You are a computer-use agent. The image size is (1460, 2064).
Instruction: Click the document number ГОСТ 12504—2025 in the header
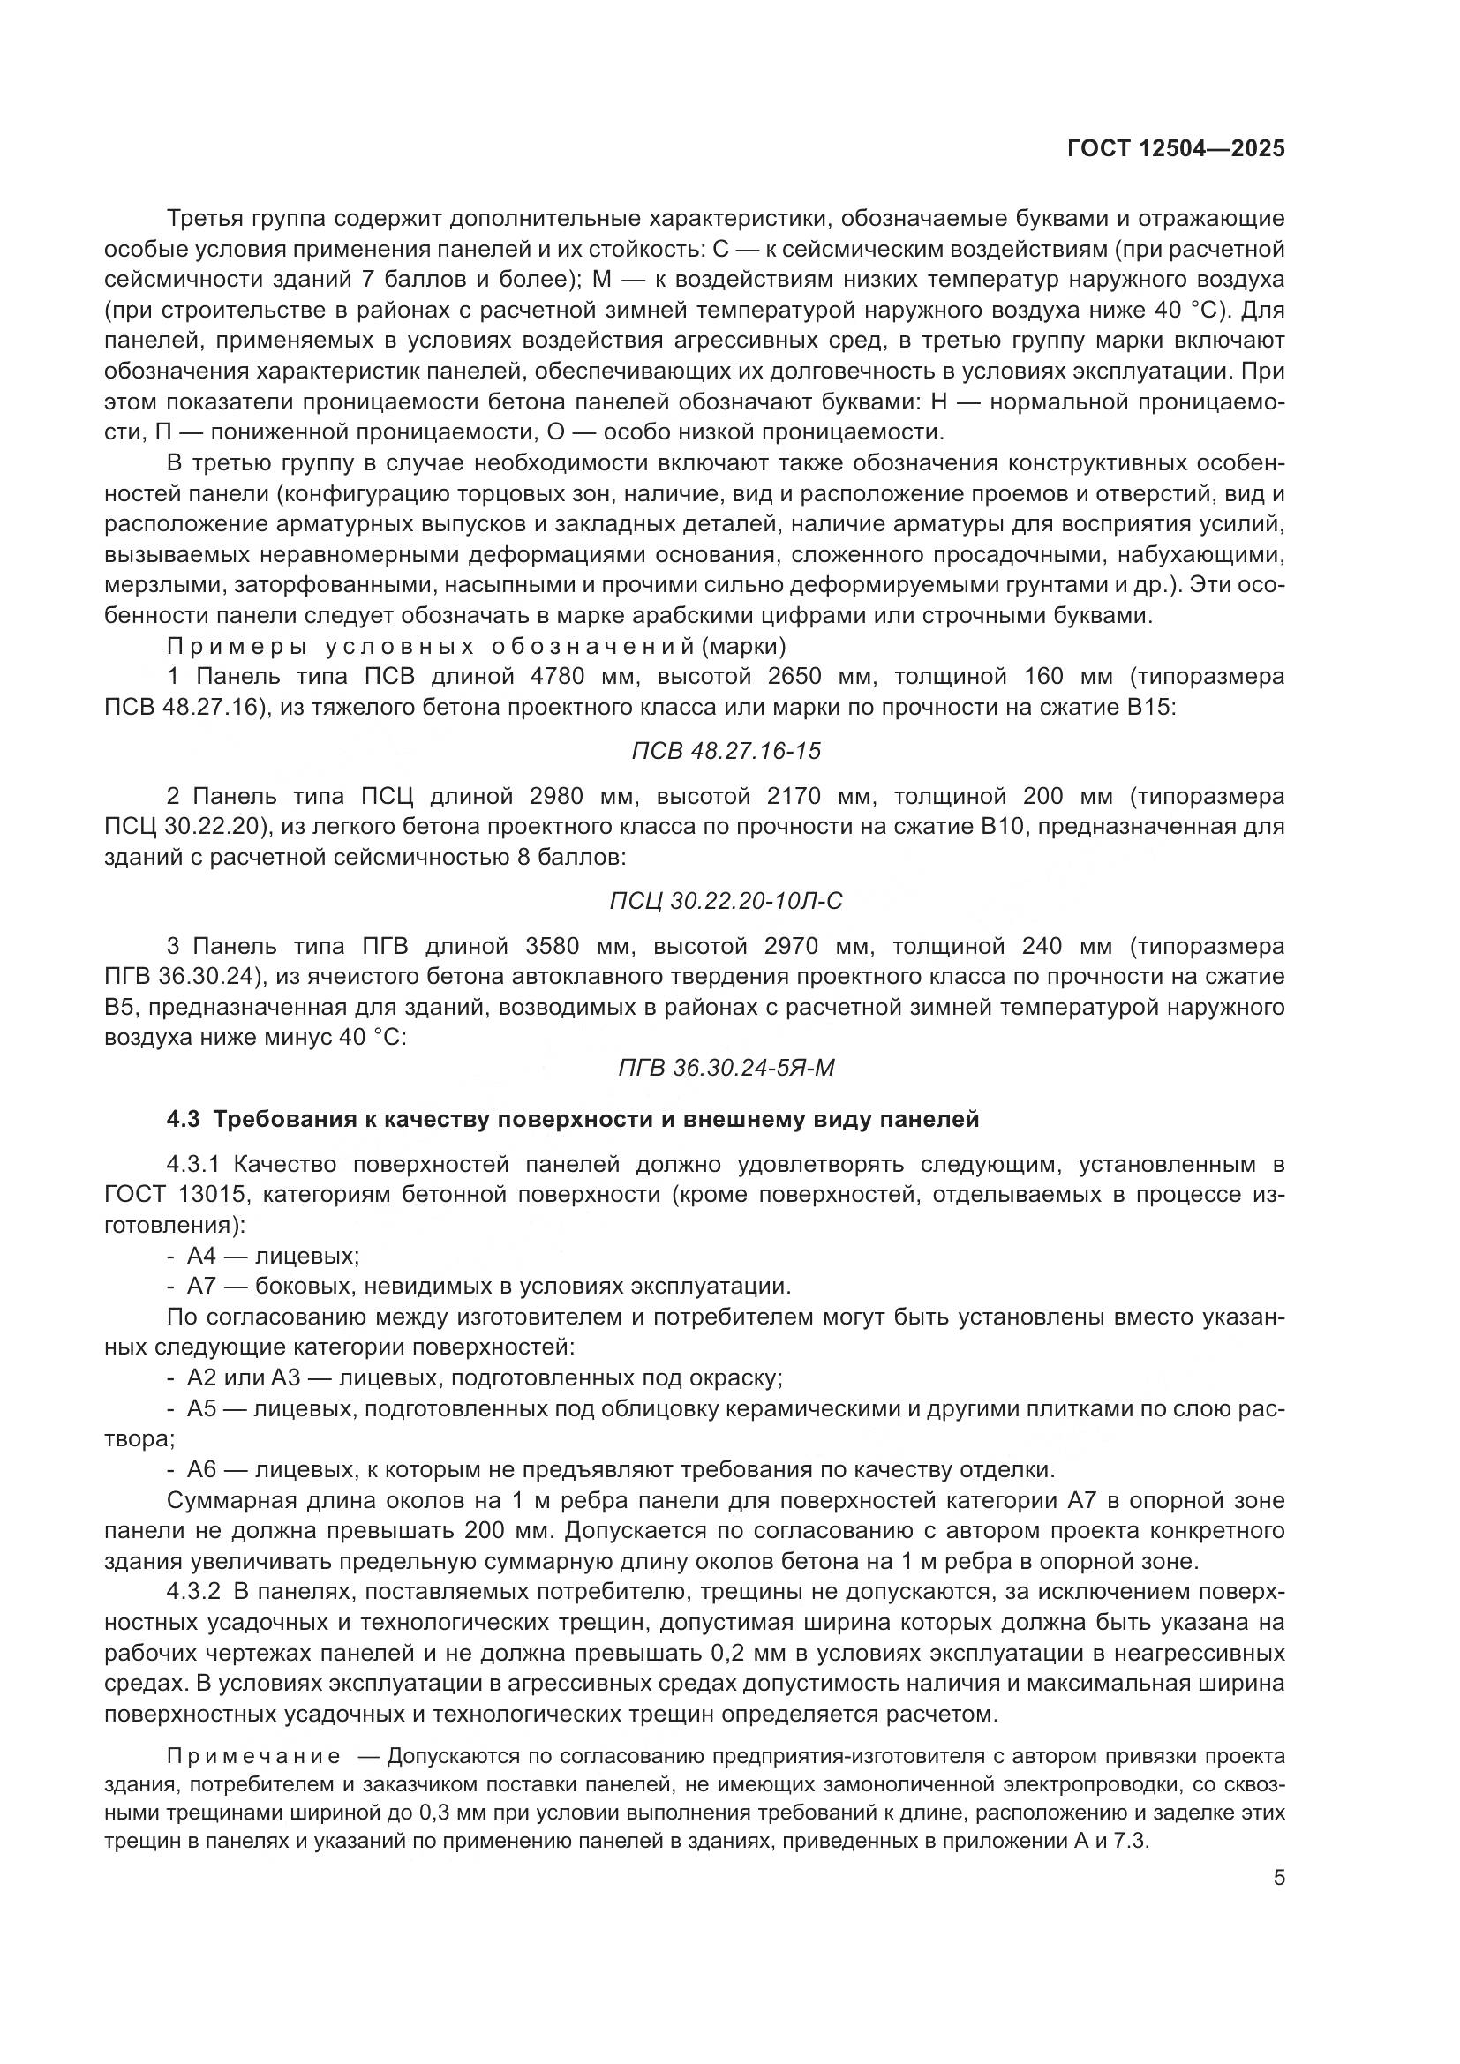point(1176,149)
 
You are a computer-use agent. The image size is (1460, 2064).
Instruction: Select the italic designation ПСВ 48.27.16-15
point(726,751)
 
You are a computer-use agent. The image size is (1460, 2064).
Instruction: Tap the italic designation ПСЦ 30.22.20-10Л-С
point(726,901)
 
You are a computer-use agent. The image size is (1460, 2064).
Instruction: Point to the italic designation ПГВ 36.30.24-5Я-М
point(726,1068)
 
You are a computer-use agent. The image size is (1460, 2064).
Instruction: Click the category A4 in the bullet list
point(202,1257)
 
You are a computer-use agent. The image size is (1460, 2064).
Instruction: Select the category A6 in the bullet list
point(202,1470)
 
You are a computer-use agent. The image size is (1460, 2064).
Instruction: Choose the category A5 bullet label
point(202,1408)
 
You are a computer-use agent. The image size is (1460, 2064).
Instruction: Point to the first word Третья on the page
point(201,219)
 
